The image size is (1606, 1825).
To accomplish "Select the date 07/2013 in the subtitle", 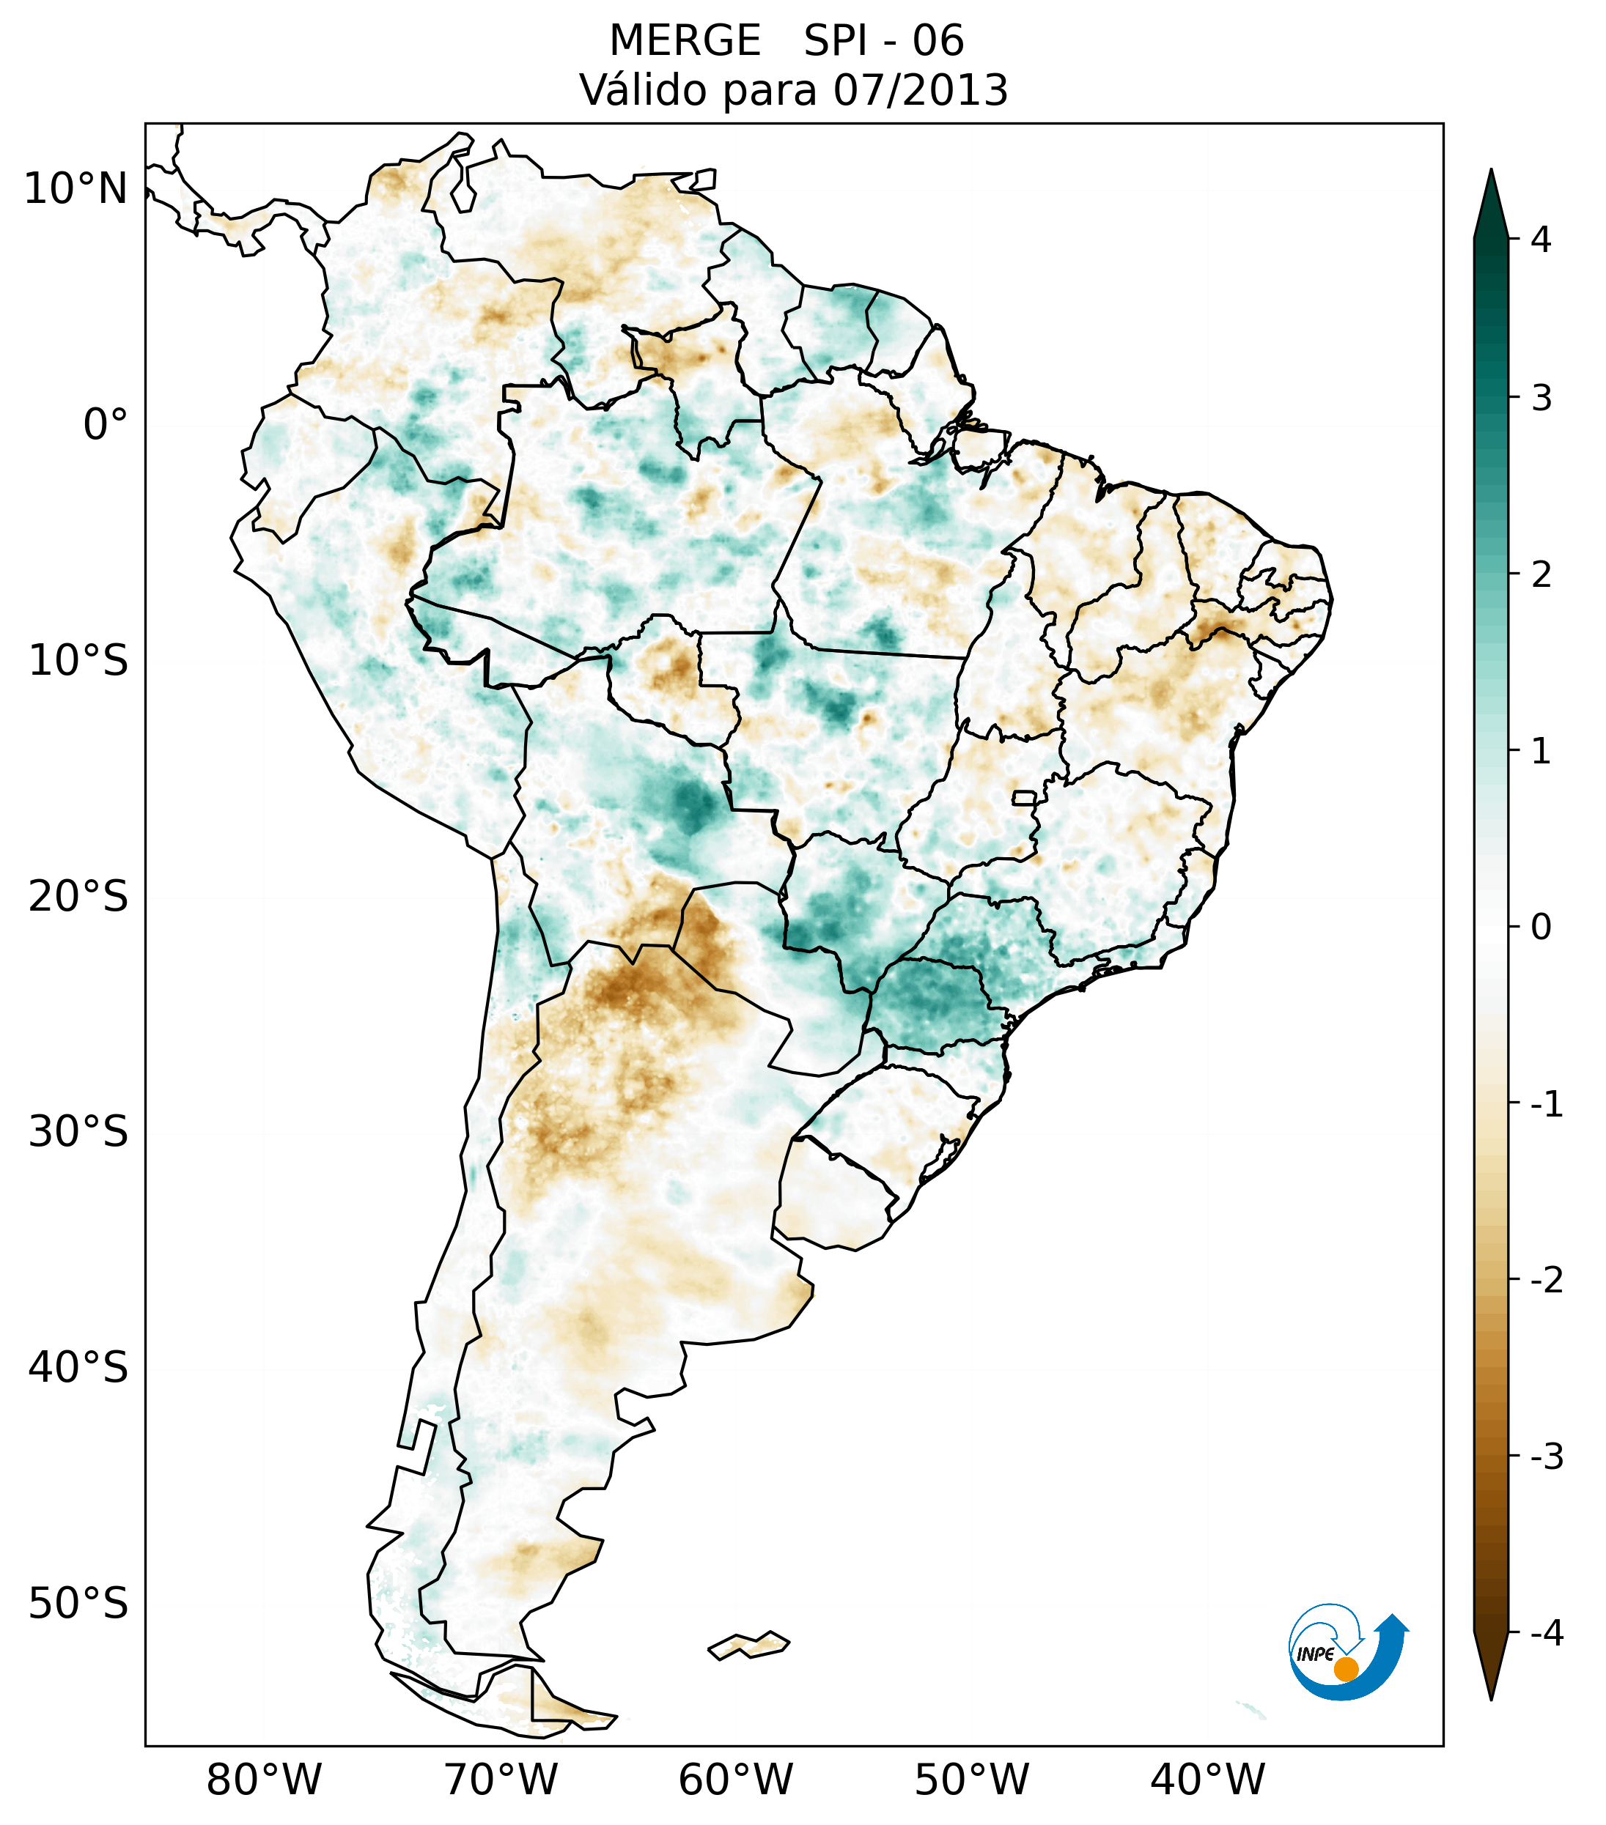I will coord(920,90).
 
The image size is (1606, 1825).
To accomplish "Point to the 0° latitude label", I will coord(106,425).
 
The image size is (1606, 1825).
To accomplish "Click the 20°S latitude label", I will coord(78,897).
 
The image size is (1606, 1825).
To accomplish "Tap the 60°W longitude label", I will coord(735,1780).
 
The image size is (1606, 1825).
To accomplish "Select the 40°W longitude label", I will coord(1208,1780).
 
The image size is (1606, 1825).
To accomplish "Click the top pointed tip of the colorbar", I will coord(1490,172).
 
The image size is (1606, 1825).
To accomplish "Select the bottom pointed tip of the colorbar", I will coord(1490,1698).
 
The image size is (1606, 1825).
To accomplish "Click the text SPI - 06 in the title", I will coord(883,41).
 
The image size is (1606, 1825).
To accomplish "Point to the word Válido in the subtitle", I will coord(642,90).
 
